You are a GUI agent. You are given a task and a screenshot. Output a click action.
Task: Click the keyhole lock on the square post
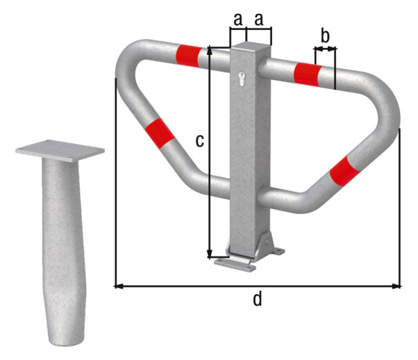[x=242, y=79]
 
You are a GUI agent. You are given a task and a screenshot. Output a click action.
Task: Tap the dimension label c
[x=200, y=140]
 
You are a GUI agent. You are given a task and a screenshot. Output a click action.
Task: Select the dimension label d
[x=257, y=299]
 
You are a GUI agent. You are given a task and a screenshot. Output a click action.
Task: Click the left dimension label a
[x=238, y=19]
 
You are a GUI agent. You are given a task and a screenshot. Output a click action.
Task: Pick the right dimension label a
[x=258, y=19]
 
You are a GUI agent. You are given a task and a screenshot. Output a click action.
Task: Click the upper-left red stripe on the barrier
[x=189, y=56]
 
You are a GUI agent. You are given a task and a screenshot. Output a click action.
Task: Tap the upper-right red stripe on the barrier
[x=308, y=74]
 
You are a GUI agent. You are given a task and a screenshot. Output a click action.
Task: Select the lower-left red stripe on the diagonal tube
[x=160, y=132]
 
